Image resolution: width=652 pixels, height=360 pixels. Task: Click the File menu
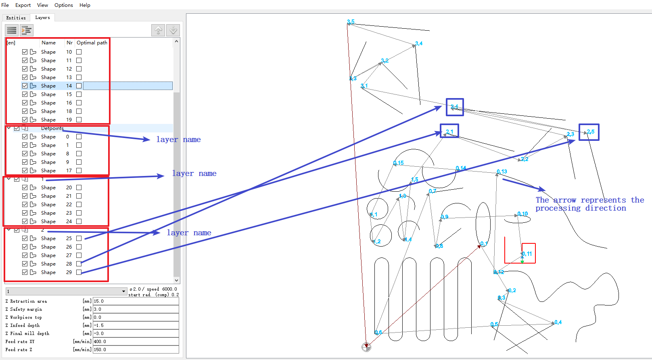click(5, 5)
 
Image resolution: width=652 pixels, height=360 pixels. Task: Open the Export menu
click(23, 5)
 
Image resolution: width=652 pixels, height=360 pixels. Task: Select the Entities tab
click(16, 18)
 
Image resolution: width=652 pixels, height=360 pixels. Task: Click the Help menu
click(85, 5)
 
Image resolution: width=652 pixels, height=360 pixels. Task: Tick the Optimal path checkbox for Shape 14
click(79, 86)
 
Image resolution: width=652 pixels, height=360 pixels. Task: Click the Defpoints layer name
click(52, 128)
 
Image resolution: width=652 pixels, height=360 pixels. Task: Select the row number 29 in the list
click(69, 272)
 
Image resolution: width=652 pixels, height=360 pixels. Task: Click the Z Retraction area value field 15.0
click(136, 301)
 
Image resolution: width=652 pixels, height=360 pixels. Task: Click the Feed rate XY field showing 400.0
click(136, 341)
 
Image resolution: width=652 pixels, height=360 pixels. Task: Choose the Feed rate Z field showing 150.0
click(136, 350)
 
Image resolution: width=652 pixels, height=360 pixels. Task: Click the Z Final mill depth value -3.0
click(136, 333)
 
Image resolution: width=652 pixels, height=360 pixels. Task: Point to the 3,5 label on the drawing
click(351, 22)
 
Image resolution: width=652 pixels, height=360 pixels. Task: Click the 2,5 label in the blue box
click(591, 132)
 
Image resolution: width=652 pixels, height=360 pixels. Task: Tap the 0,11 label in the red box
click(527, 254)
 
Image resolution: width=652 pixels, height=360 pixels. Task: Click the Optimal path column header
click(92, 43)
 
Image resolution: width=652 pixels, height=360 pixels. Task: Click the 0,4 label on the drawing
click(558, 322)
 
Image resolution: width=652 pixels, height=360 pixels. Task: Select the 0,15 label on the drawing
click(399, 163)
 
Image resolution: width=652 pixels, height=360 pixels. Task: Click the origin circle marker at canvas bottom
click(366, 347)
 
